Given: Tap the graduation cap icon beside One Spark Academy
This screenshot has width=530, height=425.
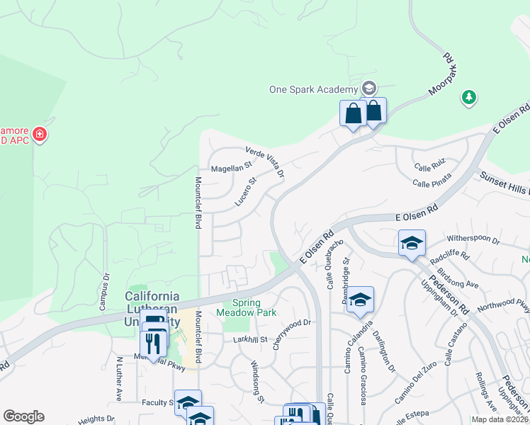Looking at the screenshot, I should pyautogui.click(x=368, y=89).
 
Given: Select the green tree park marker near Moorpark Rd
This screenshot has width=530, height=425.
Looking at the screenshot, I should pyautogui.click(x=468, y=97).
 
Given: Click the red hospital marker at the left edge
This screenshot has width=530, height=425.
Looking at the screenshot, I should pyautogui.click(x=40, y=133).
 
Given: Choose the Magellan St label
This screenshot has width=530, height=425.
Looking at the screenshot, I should pyautogui.click(x=231, y=168).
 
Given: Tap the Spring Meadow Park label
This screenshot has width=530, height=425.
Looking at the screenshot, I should pyautogui.click(x=249, y=307).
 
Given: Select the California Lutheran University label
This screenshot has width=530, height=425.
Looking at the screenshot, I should pyautogui.click(x=152, y=302).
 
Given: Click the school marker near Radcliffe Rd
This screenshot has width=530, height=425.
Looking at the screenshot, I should pyautogui.click(x=412, y=244).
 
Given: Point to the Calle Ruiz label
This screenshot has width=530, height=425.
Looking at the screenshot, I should pyautogui.click(x=429, y=168).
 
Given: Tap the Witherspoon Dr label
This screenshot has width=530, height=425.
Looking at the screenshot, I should pyautogui.click(x=474, y=239).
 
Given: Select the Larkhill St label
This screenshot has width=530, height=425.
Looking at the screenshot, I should pyautogui.click(x=250, y=340).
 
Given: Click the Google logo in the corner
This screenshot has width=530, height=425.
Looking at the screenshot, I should pyautogui.click(x=23, y=416).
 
